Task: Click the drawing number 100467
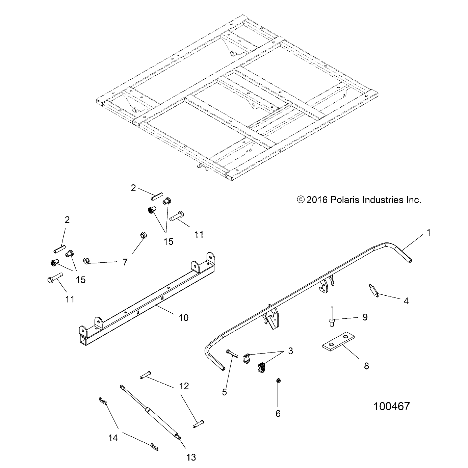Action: [x=391, y=406]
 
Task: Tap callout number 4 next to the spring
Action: [x=406, y=301]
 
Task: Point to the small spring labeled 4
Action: [x=372, y=290]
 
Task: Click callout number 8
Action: [x=366, y=366]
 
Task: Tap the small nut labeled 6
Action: [x=279, y=381]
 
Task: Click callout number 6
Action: [x=278, y=413]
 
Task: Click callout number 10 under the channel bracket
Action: [x=183, y=317]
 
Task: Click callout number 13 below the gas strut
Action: [x=191, y=458]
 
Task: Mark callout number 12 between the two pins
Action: [x=184, y=386]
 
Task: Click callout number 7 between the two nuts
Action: [x=125, y=262]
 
